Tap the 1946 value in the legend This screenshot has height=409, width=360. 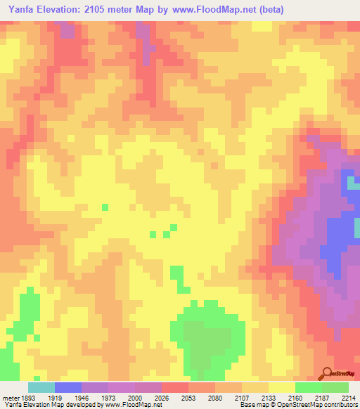pos(81,397)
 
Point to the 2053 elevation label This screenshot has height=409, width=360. pos(188,397)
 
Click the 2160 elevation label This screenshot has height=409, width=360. pos(296,397)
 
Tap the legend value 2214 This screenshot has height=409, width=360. pos(349,397)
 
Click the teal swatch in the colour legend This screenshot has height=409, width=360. pos(41,387)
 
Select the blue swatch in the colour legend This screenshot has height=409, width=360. pos(68,387)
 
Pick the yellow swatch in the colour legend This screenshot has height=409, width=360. pos(281,387)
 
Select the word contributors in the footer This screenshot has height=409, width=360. pos(340,405)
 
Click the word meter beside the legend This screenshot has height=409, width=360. pos(9,397)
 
